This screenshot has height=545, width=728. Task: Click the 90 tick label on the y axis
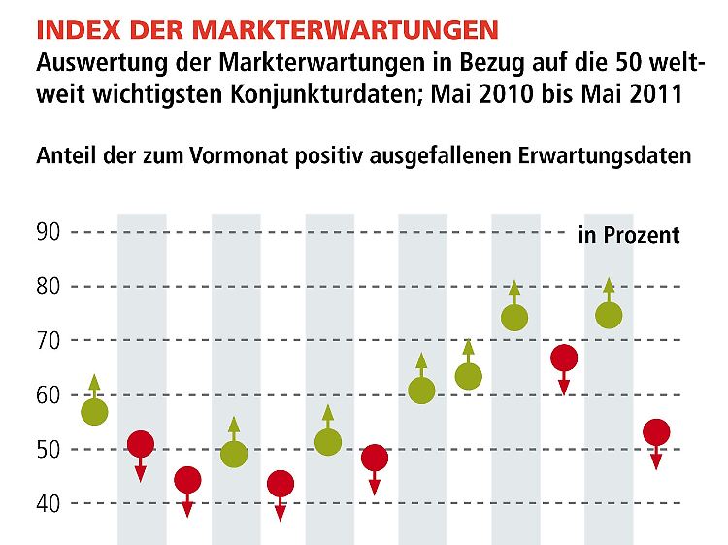coord(49,232)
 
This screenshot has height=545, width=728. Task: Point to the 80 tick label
coord(49,287)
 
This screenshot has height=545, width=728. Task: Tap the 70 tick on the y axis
coord(49,341)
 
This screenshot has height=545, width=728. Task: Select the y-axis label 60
coord(49,395)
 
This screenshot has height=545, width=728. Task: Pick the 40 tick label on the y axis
coord(49,504)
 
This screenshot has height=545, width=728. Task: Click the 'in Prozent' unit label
coord(629,235)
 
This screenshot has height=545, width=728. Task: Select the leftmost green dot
coord(94,411)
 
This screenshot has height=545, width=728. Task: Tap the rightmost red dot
coord(656,432)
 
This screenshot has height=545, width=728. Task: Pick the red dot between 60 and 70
coord(563,358)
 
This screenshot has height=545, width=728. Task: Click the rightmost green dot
coord(609,316)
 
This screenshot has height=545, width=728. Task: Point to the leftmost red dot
coord(141,445)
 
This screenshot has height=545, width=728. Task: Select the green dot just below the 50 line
coord(234,454)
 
